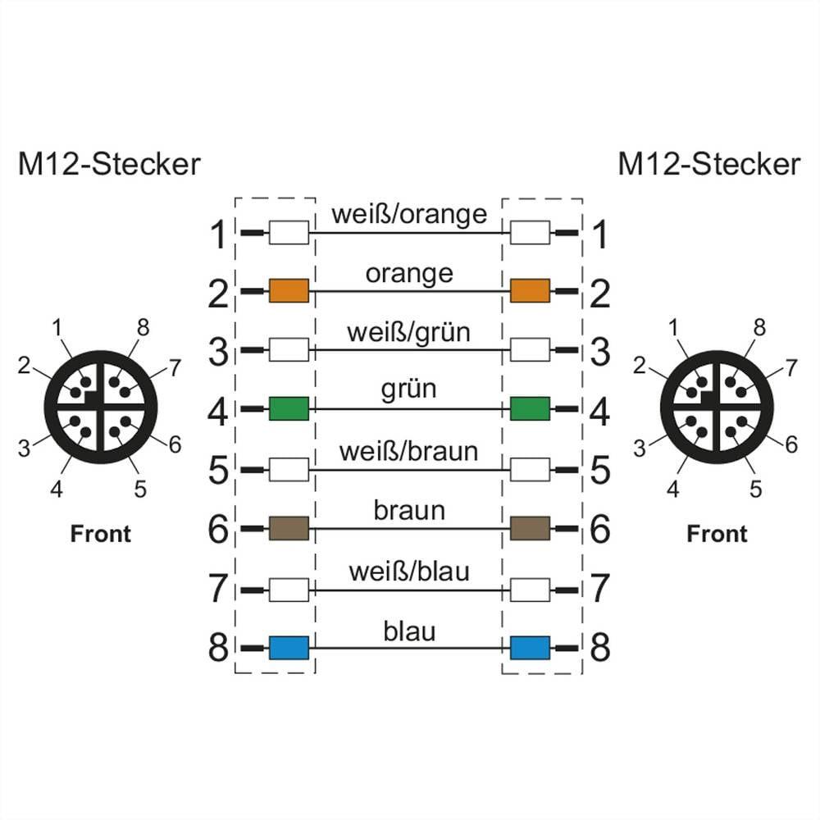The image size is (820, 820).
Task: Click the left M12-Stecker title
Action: point(109,164)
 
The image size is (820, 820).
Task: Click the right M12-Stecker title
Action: point(708,164)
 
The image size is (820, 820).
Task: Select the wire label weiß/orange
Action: point(409,215)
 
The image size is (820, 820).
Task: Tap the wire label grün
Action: point(408,389)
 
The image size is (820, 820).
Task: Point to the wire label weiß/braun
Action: point(408,450)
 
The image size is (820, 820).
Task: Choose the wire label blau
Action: point(409,631)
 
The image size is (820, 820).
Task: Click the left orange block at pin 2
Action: point(289,290)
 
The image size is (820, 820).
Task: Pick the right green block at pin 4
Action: point(530,408)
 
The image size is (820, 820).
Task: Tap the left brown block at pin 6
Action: point(289,528)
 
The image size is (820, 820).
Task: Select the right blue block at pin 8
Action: point(530,648)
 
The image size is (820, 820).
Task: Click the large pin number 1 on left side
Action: point(217,235)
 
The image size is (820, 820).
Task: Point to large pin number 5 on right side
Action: point(600,471)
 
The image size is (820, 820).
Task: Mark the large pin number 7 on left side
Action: point(217,589)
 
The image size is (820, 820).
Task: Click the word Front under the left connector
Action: point(100,534)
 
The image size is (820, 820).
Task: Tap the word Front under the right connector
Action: point(717,534)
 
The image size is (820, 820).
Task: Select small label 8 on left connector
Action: point(143,329)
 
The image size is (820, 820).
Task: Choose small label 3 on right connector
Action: point(640,448)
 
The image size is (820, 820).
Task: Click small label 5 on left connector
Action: point(140,490)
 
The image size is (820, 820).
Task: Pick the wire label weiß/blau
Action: point(409,571)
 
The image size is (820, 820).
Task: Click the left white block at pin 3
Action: point(289,351)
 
